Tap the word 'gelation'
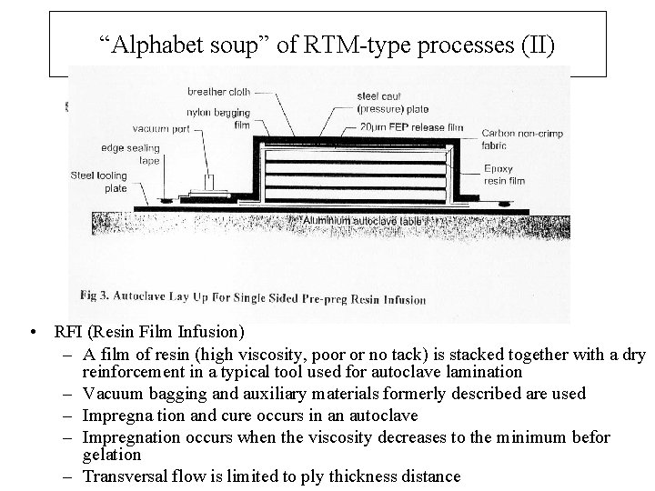coord(111,454)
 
